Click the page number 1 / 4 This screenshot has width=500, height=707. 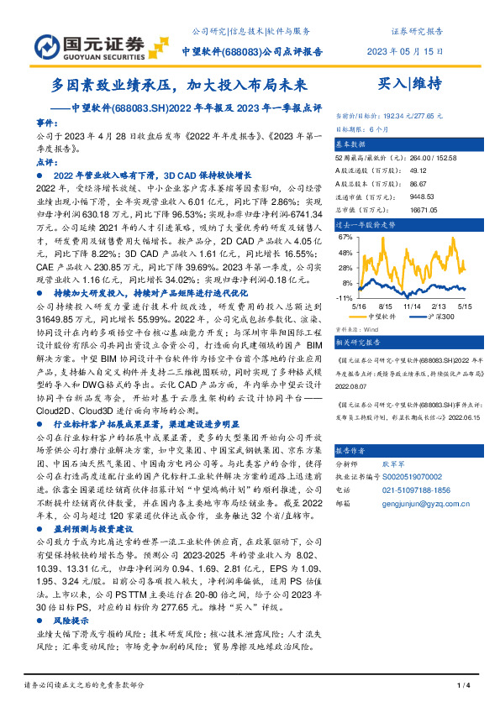[461, 687]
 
